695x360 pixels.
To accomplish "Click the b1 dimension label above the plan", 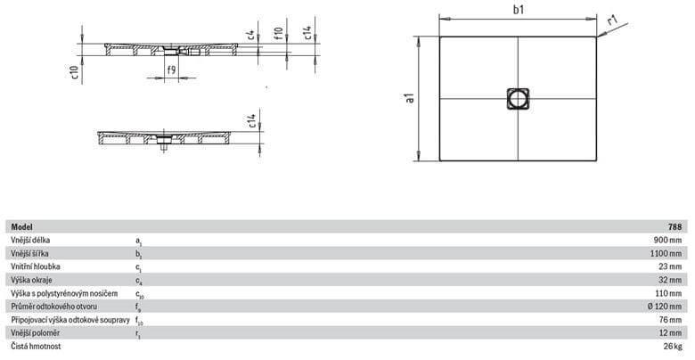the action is point(519,9).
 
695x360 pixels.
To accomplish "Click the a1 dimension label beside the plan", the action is point(410,98).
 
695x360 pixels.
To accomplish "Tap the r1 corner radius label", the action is point(612,20).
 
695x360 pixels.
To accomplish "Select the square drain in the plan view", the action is point(518,98).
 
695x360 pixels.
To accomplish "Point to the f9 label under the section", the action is point(172,70).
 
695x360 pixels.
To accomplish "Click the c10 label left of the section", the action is point(75,73).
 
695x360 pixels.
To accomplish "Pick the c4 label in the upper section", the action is point(250,36).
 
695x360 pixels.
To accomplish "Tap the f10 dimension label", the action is point(278,34).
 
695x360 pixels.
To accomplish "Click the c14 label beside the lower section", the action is point(251,121).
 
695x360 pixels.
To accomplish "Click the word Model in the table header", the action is point(21,227).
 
